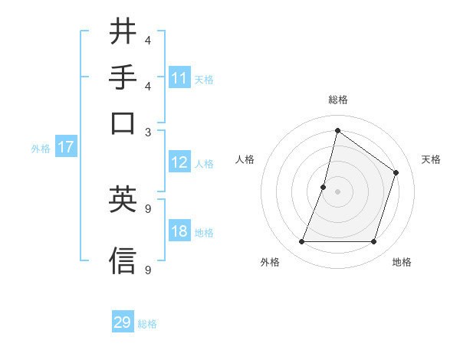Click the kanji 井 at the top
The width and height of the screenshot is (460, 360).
(123, 32)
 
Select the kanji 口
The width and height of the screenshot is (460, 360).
(123, 123)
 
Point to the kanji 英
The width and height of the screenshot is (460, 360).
(123, 201)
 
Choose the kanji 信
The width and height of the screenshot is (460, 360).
(123, 260)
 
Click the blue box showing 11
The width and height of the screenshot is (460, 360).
(179, 78)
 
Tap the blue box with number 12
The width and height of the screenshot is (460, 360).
(179, 162)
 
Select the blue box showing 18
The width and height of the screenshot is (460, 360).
(179, 232)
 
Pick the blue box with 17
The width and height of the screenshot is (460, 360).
(66, 148)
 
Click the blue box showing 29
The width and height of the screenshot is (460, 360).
(123, 322)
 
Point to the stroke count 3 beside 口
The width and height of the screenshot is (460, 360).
(148, 132)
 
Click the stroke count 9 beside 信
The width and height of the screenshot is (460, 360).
(148, 270)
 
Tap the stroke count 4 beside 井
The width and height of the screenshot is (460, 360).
(148, 41)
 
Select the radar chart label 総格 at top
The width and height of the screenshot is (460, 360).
(337, 100)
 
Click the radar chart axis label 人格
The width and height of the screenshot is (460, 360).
(245, 159)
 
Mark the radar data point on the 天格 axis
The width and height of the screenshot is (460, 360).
(396, 172)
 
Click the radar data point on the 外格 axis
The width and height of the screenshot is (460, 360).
(301, 242)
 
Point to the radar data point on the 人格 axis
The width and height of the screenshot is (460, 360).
(324, 187)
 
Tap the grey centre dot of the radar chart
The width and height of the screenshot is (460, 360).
(337, 191)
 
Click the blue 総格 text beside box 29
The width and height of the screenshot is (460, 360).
(147, 324)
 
